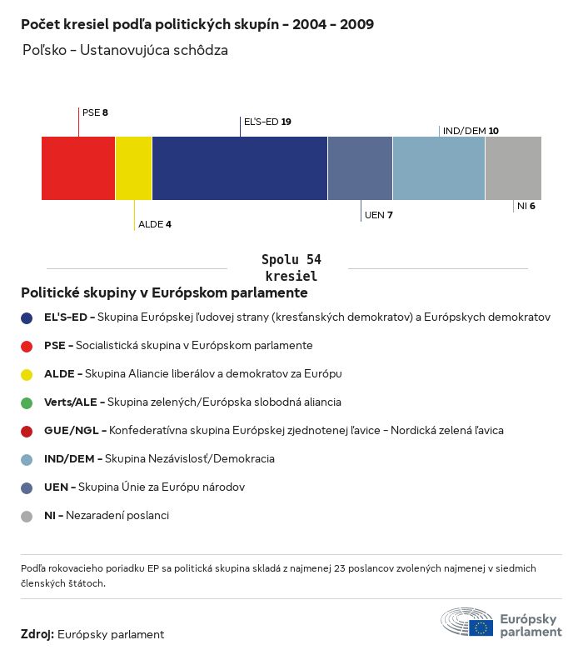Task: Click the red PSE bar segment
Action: [78, 167]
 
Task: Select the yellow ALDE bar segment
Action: [134, 167]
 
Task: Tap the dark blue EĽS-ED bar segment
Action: [240, 167]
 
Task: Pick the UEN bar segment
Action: [360, 167]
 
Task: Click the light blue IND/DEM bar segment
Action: [439, 167]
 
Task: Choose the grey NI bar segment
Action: [513, 167]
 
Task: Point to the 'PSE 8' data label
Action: [95, 112]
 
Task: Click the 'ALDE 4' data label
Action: [154, 224]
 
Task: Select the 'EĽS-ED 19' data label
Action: [267, 122]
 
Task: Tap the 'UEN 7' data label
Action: [378, 215]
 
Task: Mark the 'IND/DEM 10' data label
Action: [471, 131]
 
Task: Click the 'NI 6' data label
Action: [526, 206]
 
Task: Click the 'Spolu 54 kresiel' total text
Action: [291, 267]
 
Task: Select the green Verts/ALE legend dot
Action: [27, 402]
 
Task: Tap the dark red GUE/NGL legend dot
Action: [27, 431]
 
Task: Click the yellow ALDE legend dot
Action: [27, 374]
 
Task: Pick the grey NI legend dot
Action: [27, 516]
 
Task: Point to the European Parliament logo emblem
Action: [467, 622]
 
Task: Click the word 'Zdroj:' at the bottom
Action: [37, 634]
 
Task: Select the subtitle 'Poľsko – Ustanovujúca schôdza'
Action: [125, 51]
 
